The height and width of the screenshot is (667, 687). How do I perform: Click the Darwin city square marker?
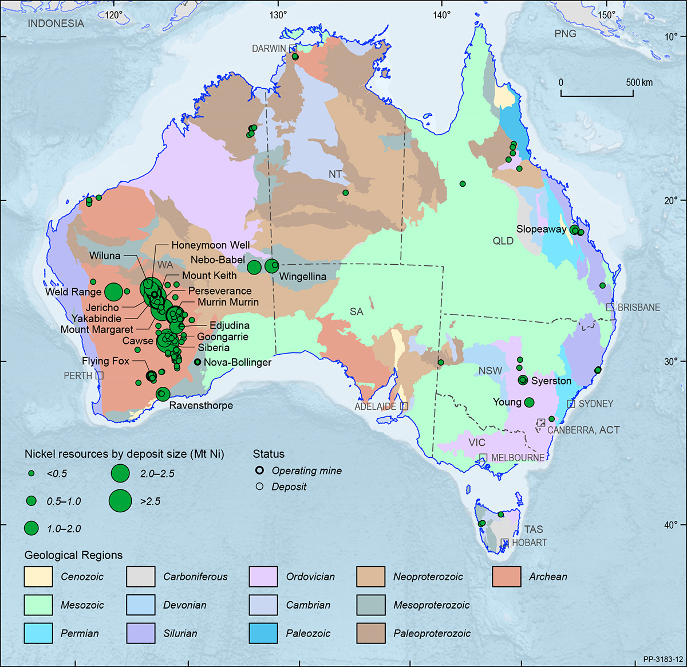[293, 49]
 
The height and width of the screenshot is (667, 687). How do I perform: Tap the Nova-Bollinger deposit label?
[237, 362]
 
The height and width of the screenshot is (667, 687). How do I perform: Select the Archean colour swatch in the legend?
[506, 576]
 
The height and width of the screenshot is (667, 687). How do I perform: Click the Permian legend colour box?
[38, 633]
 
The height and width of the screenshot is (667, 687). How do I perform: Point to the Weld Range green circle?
[113, 292]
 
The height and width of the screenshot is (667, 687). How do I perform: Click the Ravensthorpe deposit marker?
[163, 394]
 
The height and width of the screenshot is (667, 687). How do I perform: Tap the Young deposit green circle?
[529, 402]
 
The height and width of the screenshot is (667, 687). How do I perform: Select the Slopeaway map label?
[541, 229]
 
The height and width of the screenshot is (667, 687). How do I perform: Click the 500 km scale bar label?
[639, 83]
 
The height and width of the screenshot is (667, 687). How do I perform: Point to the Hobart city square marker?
[504, 542]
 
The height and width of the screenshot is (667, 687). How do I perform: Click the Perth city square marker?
[100, 375]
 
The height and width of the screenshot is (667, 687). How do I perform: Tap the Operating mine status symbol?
[259, 470]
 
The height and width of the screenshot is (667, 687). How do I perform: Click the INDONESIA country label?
[56, 23]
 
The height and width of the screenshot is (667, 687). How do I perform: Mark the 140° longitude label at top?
[442, 14]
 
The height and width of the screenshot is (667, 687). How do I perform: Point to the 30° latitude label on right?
[671, 361]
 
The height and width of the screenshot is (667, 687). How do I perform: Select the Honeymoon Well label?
[210, 245]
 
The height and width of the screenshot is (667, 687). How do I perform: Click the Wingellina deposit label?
[302, 277]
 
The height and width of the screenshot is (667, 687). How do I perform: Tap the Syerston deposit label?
[551, 380]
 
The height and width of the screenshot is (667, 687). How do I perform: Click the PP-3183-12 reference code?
[662, 660]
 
